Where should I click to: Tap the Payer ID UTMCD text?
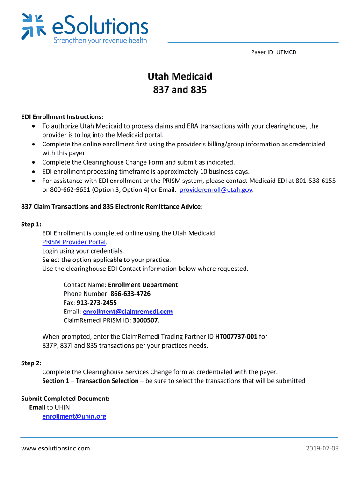274,52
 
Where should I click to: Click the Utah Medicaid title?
180,76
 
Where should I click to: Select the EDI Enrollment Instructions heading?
62,117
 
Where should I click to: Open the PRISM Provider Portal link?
74,242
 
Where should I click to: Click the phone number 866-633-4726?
130,294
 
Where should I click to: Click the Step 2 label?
31,363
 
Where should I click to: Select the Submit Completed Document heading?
65,399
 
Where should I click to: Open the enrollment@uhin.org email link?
74,416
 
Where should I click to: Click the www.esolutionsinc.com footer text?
56,449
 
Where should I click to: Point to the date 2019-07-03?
322,449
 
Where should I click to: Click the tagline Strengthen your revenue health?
100,40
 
